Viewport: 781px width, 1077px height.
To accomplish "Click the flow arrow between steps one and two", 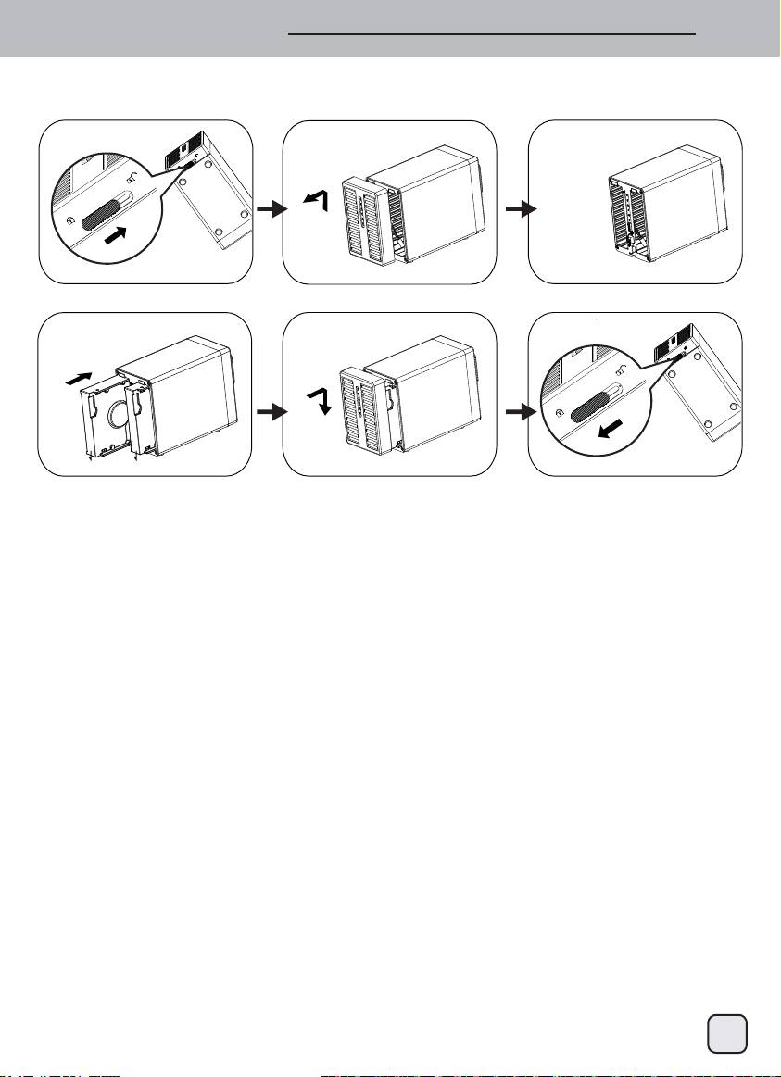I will (x=268, y=211).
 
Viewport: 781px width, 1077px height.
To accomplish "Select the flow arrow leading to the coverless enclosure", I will (x=512, y=211).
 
